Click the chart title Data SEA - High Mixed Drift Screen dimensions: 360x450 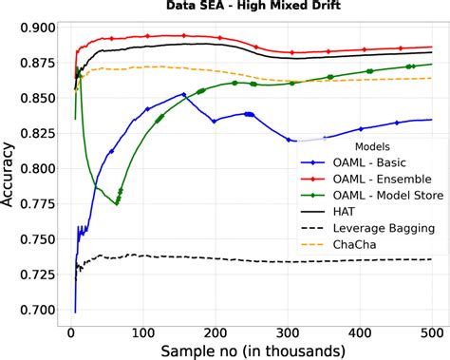252,8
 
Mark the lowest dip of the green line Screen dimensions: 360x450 117,203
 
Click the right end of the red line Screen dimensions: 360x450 433,47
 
